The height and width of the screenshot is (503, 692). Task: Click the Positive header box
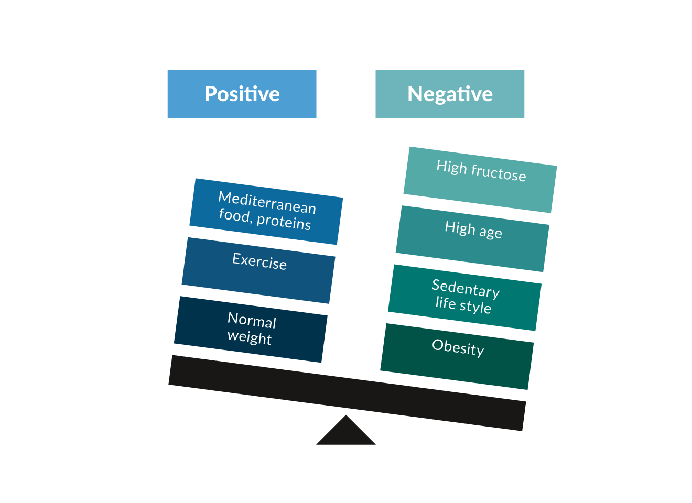242,94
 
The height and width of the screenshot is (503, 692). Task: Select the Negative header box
450,94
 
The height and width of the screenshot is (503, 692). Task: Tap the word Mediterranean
267,202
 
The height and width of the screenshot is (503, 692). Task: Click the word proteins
284,222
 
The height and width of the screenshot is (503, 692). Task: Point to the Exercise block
258,270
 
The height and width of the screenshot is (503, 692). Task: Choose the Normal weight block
251,329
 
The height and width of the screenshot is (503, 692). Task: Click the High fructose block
480,180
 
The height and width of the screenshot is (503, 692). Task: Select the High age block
472,239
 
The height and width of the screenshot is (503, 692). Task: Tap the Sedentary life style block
464,298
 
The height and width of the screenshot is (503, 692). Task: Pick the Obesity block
457,356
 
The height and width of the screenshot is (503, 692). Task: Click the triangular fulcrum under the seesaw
346,433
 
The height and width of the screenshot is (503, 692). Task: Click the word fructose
498,172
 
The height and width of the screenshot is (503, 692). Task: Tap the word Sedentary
466,289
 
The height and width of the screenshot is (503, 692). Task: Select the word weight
250,337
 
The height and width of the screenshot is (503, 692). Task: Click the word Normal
252,320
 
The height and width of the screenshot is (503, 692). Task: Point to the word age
490,232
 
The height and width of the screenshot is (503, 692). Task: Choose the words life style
463,304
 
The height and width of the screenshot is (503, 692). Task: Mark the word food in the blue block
234,215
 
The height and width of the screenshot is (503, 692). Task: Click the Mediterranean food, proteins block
266,212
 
